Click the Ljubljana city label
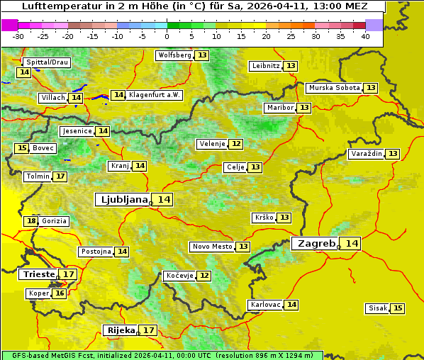point(123,200)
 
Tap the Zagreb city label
point(316,244)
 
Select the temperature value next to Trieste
point(69,274)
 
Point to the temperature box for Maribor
point(304,108)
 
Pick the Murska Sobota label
point(334,88)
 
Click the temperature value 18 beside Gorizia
point(31,221)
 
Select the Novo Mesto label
point(212,247)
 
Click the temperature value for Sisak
point(398,308)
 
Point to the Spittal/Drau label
point(47,62)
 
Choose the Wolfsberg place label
point(174,55)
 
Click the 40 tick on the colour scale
point(365,36)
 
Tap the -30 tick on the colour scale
point(18,36)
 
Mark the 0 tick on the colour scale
point(167,36)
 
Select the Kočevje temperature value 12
point(204,276)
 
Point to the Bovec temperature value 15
point(22,148)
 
